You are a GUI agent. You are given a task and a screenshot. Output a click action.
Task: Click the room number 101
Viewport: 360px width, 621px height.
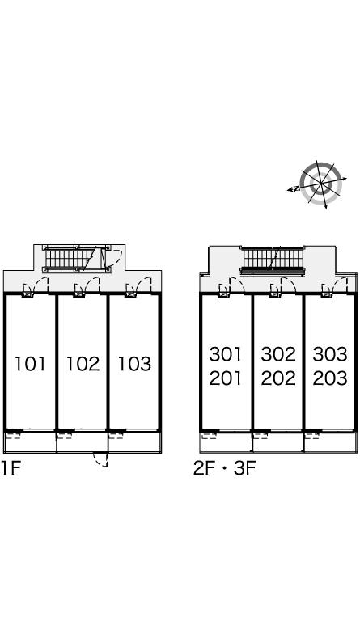[x=30, y=364]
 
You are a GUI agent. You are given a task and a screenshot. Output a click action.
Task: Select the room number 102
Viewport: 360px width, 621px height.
[x=83, y=364]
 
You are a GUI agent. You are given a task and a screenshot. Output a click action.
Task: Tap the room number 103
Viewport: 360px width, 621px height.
[x=134, y=364]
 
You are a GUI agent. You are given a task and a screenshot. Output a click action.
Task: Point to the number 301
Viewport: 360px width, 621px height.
[x=226, y=354]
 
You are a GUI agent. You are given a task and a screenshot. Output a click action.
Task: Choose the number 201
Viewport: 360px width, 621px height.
[x=226, y=378]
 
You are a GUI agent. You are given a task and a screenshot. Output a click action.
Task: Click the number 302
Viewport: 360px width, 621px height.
[x=278, y=354]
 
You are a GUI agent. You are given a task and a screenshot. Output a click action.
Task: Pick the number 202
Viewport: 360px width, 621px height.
[x=278, y=378]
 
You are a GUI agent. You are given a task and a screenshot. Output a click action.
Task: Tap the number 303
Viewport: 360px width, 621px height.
[x=330, y=354]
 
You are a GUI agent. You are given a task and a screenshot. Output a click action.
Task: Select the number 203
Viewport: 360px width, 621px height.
[x=330, y=378]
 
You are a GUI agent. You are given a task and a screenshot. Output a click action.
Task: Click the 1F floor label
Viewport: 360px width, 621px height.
[x=11, y=468]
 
